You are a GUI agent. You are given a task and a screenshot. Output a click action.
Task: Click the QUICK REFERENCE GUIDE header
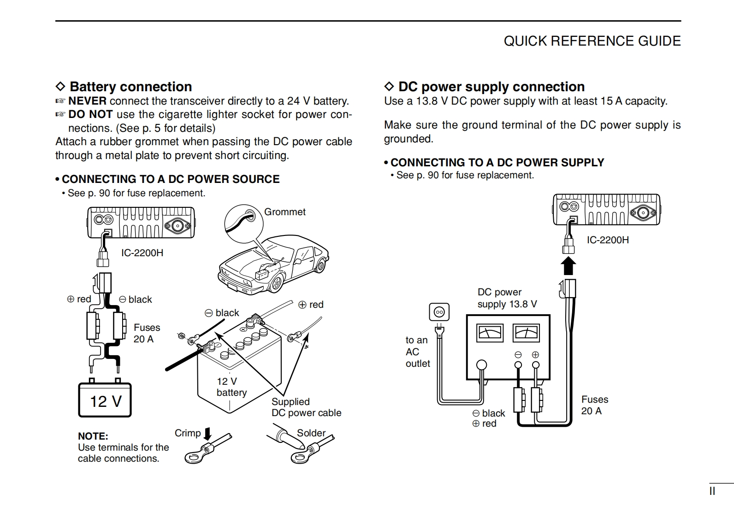click(x=592, y=41)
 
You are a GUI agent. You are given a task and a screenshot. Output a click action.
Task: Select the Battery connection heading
click(x=130, y=87)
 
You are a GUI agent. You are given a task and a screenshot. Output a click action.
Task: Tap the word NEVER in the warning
click(x=88, y=101)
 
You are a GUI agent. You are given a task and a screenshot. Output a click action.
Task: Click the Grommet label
click(x=284, y=212)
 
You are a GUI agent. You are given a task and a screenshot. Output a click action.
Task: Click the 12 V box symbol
click(x=105, y=400)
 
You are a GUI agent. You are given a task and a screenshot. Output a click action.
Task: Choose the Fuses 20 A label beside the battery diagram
click(x=147, y=333)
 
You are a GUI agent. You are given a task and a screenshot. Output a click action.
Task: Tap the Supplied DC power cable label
click(x=306, y=407)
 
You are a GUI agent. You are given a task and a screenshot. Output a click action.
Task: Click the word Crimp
click(x=188, y=433)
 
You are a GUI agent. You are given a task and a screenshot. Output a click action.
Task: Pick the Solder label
click(x=311, y=433)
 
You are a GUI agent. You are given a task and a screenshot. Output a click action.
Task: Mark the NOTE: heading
click(x=93, y=436)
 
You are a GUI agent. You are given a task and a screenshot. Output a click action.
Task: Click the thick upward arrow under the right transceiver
click(x=569, y=266)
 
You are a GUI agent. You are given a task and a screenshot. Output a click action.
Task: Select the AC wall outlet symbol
click(x=439, y=312)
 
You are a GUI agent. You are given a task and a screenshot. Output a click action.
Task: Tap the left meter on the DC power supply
click(x=490, y=333)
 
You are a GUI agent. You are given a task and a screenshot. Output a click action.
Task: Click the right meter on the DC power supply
click(x=527, y=333)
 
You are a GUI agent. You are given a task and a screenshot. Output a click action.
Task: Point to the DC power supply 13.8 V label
click(x=507, y=298)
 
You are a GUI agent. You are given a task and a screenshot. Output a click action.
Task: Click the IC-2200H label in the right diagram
click(x=608, y=240)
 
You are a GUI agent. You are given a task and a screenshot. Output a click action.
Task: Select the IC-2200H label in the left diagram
click(x=142, y=253)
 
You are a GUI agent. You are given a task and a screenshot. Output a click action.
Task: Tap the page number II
click(x=712, y=491)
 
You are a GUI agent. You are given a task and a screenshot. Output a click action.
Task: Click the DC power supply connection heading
click(x=491, y=87)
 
